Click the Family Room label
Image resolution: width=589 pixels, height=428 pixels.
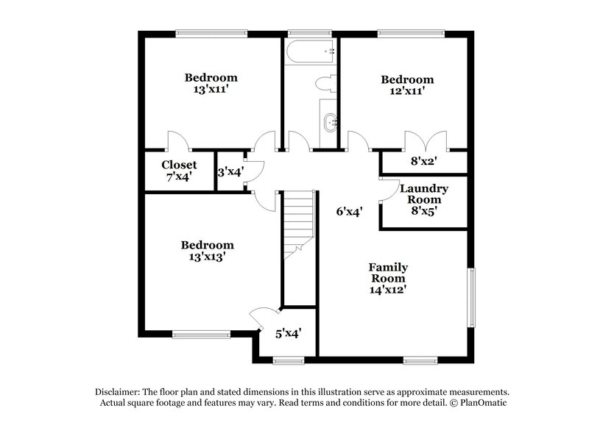point(388,273)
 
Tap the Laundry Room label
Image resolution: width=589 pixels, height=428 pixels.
point(424,194)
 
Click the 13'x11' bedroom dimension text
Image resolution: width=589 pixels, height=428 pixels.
point(211,89)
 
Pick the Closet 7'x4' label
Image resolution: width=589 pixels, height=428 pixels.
point(179,171)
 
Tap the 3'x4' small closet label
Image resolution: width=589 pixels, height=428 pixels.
point(230,172)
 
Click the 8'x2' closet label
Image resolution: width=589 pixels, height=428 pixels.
point(423,160)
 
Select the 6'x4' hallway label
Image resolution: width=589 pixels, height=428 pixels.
point(349,212)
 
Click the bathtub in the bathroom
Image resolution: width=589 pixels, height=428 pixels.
point(310,54)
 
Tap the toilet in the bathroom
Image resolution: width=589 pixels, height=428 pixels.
point(325,84)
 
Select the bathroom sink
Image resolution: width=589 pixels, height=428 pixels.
point(328,121)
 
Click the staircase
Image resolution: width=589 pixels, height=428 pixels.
point(299,221)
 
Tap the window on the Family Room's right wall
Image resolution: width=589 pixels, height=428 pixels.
point(472,296)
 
